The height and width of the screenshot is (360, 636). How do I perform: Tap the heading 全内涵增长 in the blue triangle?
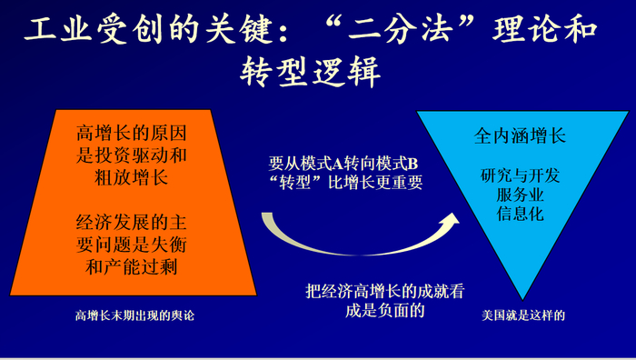click(x=521, y=137)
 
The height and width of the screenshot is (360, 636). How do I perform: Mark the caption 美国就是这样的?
click(x=524, y=316)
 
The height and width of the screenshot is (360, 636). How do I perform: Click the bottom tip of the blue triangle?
click(x=522, y=298)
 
